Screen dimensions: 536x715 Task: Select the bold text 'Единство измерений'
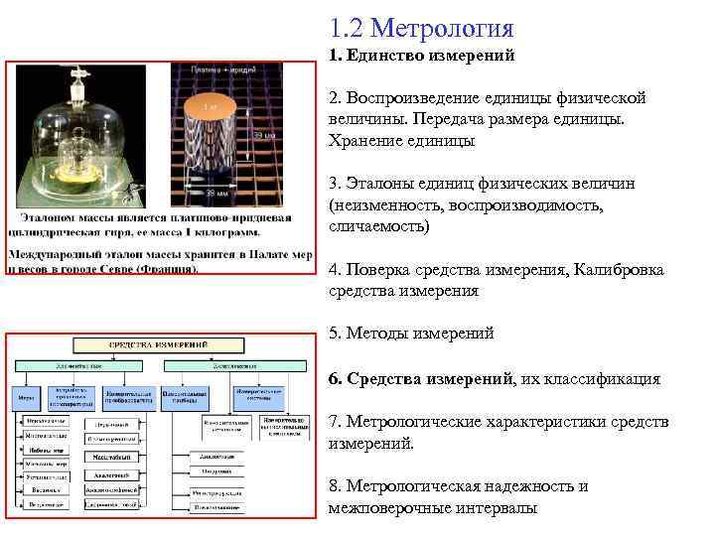[429, 56]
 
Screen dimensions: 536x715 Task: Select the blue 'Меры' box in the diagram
[25, 396]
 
